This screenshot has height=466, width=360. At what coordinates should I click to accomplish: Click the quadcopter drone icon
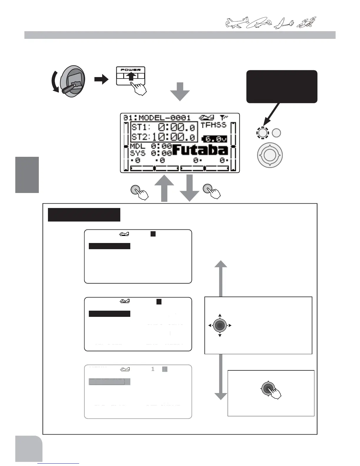[x=306, y=22]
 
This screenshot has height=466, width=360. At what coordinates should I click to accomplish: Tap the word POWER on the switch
[x=131, y=70]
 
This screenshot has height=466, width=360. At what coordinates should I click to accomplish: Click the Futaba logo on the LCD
[x=200, y=150]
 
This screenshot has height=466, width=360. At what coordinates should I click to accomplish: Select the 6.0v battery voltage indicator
[x=214, y=139]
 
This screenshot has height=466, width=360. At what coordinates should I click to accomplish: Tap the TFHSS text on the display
[x=214, y=125]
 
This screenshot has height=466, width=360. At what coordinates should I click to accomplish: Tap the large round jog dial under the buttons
[x=270, y=155]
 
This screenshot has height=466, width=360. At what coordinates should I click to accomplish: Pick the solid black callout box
[x=282, y=86]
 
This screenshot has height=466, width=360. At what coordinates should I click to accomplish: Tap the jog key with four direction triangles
[x=220, y=325]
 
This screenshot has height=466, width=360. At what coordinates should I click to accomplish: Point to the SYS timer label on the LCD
[x=137, y=153]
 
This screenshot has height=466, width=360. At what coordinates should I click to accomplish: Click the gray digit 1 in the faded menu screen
[x=153, y=369]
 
